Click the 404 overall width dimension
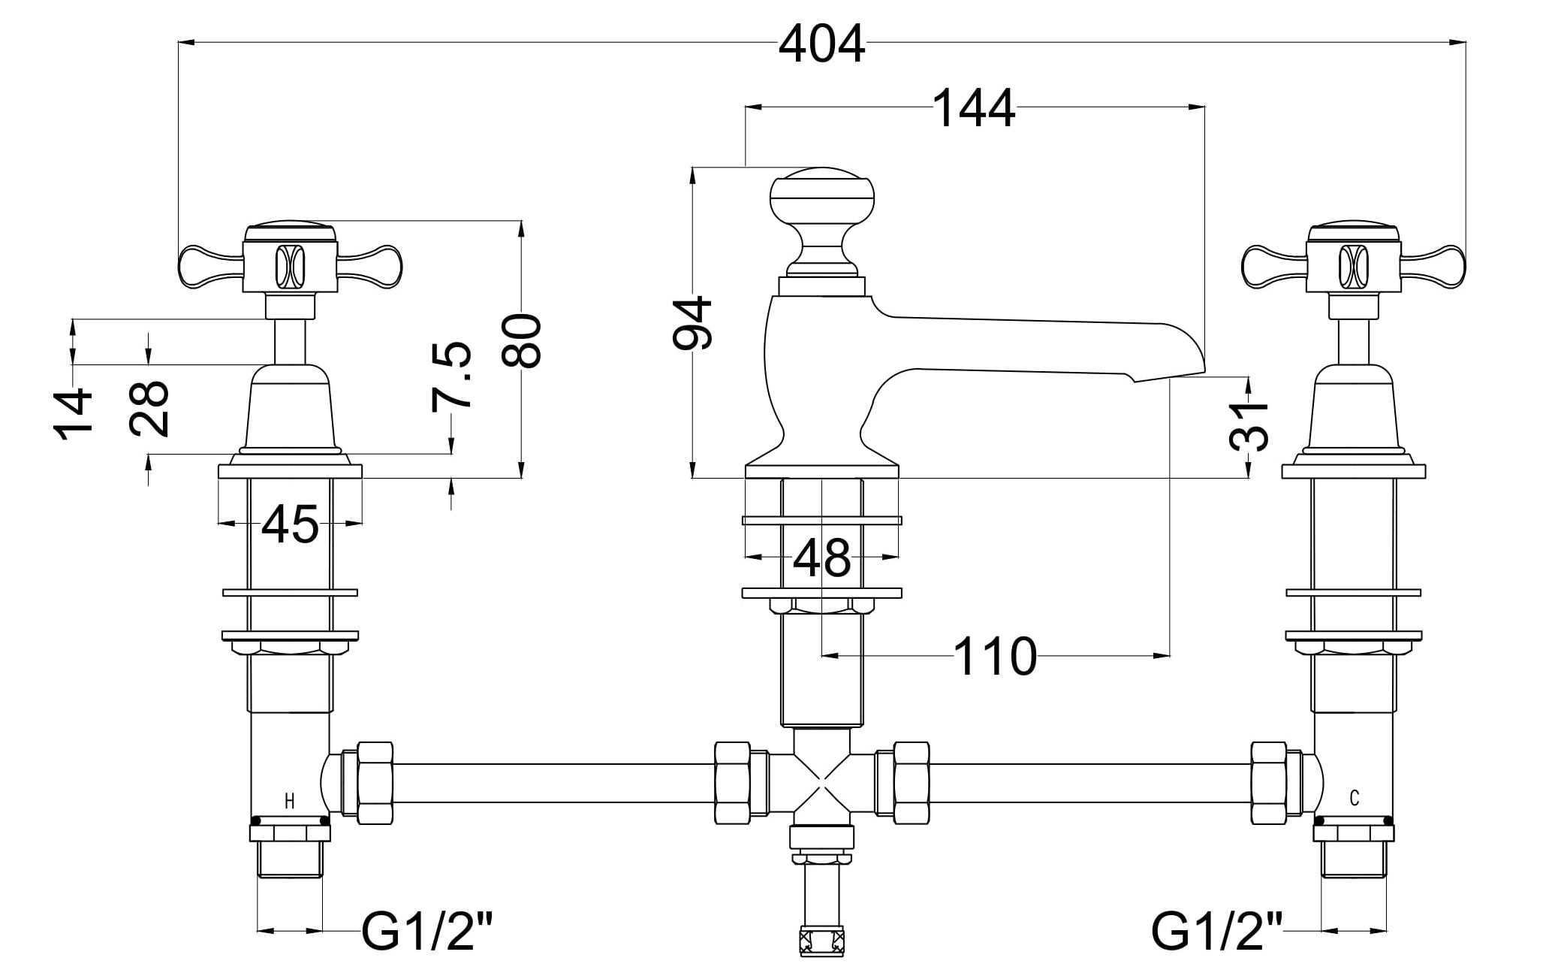click(821, 45)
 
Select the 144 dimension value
click(975, 110)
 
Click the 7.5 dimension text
click(453, 376)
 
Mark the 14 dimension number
click(74, 414)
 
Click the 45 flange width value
click(291, 524)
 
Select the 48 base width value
click(822, 558)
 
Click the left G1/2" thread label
click(429, 932)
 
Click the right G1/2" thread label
click(1216, 932)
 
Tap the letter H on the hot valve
click(290, 801)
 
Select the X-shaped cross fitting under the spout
click(822, 782)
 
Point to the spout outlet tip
click(1168, 376)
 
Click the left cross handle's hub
click(291, 266)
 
